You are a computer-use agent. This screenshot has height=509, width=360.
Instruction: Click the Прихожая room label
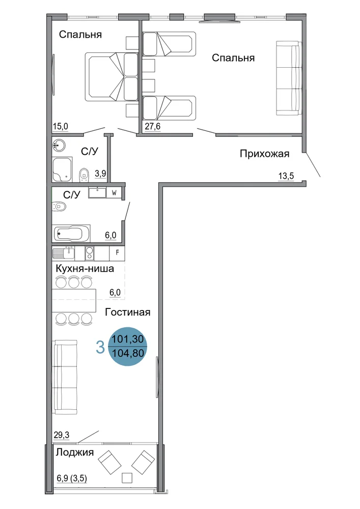(264, 154)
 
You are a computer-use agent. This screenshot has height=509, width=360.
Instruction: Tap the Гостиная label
(128, 312)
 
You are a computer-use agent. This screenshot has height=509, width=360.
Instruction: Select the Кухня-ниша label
(85, 268)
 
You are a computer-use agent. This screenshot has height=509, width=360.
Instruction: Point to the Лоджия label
(75, 452)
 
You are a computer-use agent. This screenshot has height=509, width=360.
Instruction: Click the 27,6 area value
(153, 126)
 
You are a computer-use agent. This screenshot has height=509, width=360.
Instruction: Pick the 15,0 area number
(61, 126)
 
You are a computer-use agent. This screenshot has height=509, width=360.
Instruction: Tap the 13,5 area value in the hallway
(286, 176)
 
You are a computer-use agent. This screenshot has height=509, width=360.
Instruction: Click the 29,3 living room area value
(62, 435)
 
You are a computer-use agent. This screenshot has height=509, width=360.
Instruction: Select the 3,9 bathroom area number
(100, 174)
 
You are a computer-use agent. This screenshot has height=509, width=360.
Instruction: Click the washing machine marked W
(114, 192)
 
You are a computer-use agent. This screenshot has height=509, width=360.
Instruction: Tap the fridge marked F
(118, 253)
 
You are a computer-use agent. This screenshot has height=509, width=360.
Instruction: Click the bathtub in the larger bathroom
(72, 233)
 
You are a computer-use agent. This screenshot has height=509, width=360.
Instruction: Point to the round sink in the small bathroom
(59, 145)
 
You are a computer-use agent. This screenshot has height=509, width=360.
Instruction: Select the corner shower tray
(62, 169)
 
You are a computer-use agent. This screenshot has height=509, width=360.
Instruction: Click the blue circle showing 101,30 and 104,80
(128, 346)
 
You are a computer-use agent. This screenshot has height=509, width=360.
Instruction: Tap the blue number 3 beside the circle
(100, 347)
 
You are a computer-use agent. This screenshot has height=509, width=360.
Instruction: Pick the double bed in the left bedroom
(112, 77)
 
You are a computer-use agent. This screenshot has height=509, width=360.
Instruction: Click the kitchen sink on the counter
(64, 253)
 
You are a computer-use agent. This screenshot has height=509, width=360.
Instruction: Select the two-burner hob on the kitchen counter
(89, 253)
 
